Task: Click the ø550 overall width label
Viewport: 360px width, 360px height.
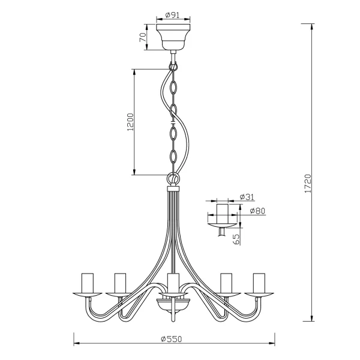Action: [172, 338]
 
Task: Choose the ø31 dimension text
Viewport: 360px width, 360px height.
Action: [245, 197]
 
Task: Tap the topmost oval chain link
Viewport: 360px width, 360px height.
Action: [173, 88]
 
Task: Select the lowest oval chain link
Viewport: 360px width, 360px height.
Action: [173, 158]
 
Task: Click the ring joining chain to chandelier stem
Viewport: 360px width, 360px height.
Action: [173, 179]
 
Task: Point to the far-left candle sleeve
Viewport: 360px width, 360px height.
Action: [86, 281]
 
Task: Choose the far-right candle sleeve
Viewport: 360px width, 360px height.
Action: [259, 281]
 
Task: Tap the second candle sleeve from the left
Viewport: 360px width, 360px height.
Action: [120, 281]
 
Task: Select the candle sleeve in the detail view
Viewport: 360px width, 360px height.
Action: [223, 212]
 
